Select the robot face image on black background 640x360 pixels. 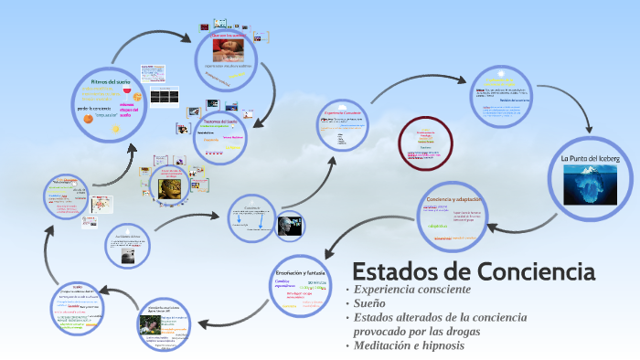tap(291, 225)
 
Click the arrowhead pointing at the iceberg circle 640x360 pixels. tap(588, 128)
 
